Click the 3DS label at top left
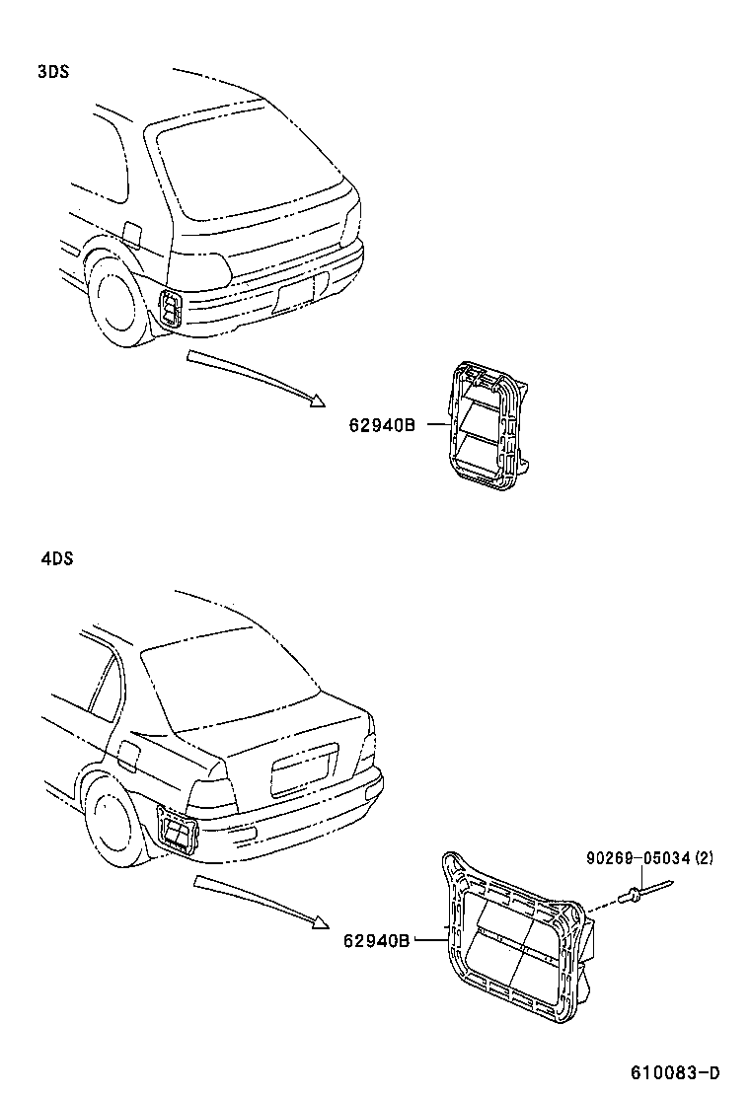(52, 72)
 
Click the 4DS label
(57, 558)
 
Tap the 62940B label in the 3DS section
(380, 425)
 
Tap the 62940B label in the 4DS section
(376, 940)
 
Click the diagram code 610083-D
(676, 1072)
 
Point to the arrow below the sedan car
(262, 899)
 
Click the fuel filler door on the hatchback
(130, 235)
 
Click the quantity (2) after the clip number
(703, 859)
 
